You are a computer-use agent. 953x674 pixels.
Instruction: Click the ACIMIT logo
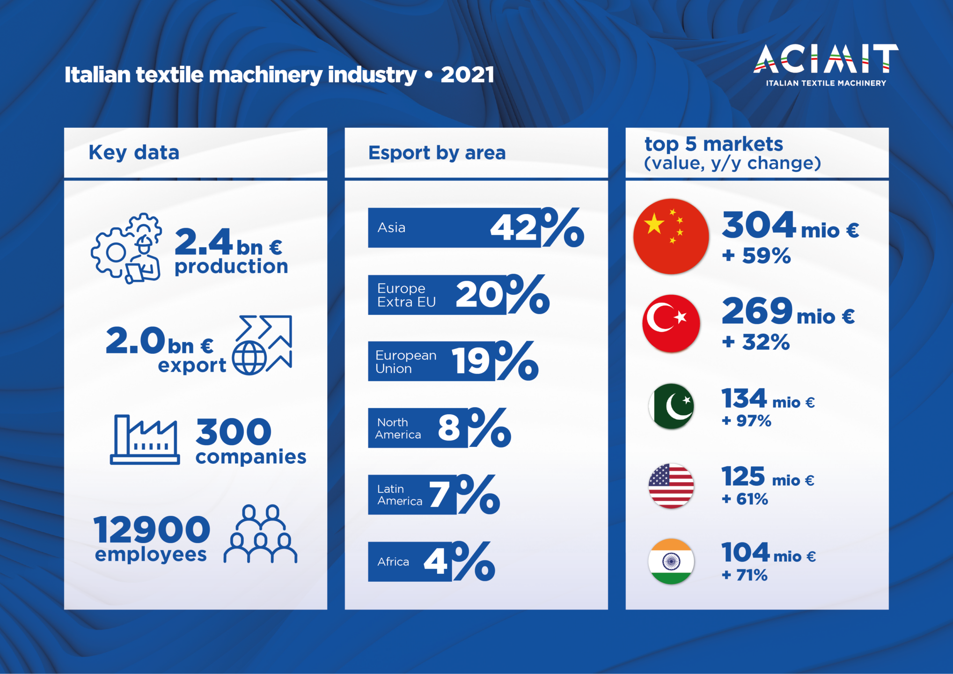coord(826,65)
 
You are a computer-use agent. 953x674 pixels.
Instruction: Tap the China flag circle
coord(671,236)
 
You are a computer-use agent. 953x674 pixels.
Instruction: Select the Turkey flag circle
coord(671,323)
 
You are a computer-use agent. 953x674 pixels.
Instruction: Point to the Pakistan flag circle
coord(671,406)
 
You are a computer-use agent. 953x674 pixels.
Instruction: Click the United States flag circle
coord(671,486)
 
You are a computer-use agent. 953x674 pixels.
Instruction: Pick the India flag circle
coord(671,561)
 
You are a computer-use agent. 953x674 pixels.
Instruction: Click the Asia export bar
coord(455,227)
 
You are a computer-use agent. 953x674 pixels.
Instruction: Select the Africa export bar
coord(410,562)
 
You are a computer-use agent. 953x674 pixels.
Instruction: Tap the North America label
coord(398,428)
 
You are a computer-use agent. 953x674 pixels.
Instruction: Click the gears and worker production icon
coord(126,248)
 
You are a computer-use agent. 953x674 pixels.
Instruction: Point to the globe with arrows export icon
coord(262,345)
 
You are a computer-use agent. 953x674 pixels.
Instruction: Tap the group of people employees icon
coord(260,534)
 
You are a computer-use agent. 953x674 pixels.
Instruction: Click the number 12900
coord(152,529)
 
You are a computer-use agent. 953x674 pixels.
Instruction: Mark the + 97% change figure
coord(747,421)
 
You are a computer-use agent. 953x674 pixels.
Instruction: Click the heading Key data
coord(134,153)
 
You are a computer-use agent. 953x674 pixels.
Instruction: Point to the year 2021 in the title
coord(467,75)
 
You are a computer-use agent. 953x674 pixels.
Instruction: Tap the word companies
coord(251,456)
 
